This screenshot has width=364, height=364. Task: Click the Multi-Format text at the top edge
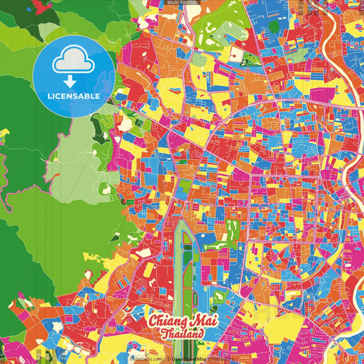[181, 3]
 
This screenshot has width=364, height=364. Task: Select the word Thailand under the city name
[182, 334]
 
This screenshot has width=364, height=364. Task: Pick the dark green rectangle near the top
[274, 27]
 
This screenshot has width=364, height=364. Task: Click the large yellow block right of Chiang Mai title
[280, 328]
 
